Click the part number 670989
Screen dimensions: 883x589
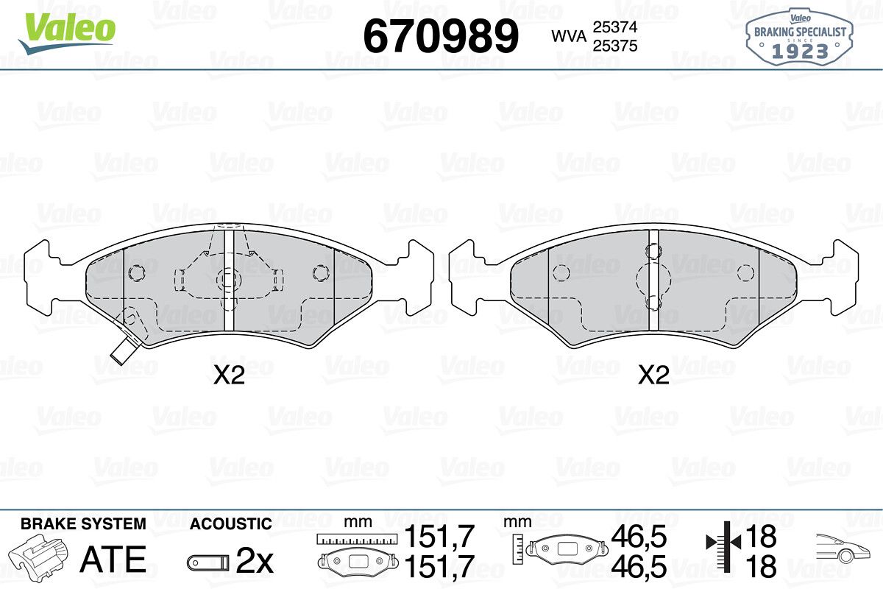point(441,36)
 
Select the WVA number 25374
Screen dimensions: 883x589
point(615,27)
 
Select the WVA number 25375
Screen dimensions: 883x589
point(615,46)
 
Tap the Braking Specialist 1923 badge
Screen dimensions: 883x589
point(799,38)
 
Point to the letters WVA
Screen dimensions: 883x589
point(569,36)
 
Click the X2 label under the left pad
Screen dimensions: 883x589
point(229,375)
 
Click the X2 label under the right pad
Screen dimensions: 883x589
point(653,375)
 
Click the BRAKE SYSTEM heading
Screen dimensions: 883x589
point(83,524)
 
